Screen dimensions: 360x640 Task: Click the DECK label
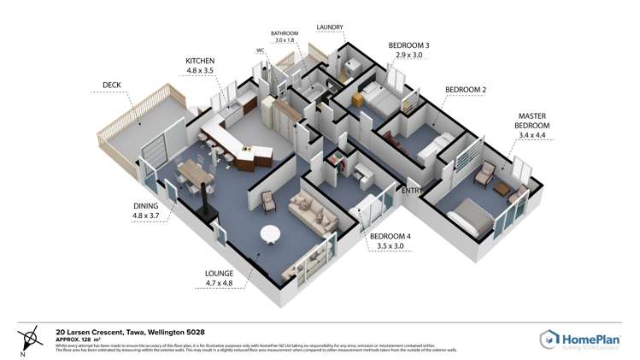[112, 85]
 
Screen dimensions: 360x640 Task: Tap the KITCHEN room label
[202, 61]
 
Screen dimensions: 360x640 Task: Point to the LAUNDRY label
[330, 27]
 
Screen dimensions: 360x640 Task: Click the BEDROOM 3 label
[408, 44]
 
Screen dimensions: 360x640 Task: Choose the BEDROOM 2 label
[466, 89]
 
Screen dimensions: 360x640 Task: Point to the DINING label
[147, 206]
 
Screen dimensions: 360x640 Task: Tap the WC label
[261, 50]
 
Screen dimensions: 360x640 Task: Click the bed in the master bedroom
[473, 216]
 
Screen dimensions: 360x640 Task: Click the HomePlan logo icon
[549, 339]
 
